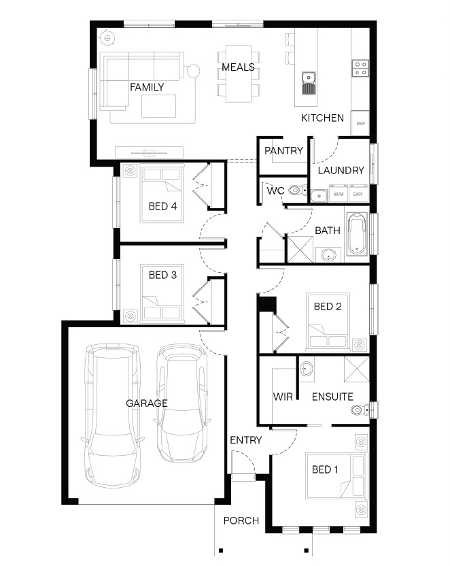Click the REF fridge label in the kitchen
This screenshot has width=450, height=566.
click(x=360, y=123)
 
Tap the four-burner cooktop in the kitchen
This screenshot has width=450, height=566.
click(x=360, y=68)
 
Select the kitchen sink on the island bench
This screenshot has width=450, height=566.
click(x=309, y=84)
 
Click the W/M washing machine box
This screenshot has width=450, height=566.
click(x=339, y=194)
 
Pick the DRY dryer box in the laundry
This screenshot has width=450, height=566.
click(x=358, y=194)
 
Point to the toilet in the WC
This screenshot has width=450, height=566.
click(x=298, y=190)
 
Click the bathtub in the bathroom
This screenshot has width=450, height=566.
click(x=357, y=234)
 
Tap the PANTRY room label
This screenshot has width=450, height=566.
click(x=283, y=150)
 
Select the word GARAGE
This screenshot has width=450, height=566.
click(x=147, y=403)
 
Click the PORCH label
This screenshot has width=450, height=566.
click(x=241, y=520)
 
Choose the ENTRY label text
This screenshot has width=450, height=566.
click(x=246, y=440)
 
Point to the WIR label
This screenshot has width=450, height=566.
click(x=283, y=397)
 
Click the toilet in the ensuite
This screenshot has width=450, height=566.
click(x=360, y=410)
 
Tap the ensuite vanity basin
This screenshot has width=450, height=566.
click(x=307, y=369)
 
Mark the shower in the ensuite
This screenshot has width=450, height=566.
click(x=357, y=369)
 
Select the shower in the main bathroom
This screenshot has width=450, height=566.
click(x=300, y=250)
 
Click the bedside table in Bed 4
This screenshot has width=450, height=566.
click(x=130, y=170)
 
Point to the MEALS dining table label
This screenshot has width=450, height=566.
click(x=238, y=67)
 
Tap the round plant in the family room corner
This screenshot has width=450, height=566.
click(x=107, y=37)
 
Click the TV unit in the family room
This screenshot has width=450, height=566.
click(x=149, y=152)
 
